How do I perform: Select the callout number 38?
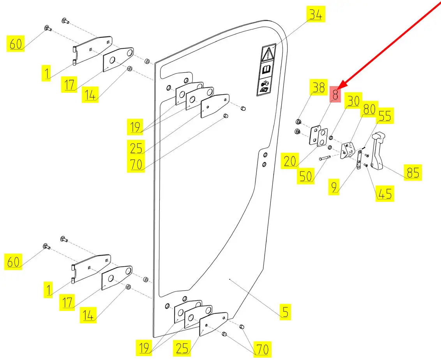tap(318, 88)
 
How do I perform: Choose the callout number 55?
tap(385, 116)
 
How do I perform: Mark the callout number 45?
tap(385, 193)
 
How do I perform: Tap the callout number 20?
tap(290, 161)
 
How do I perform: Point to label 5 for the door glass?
tap(285, 312)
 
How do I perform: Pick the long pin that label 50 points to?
tap(325, 158)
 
